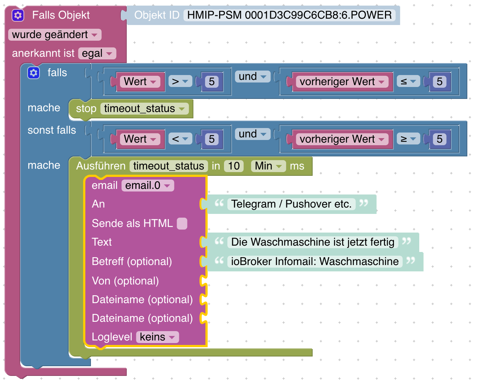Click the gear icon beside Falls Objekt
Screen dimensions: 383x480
pyautogui.click(x=18, y=15)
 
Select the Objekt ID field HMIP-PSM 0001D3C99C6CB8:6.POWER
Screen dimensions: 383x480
pyautogui.click(x=289, y=15)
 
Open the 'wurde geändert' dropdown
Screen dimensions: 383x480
pyautogui.click(x=54, y=35)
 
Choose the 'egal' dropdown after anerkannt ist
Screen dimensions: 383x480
pyautogui.click(x=97, y=53)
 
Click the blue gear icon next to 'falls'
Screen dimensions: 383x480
pyautogui.click(x=34, y=73)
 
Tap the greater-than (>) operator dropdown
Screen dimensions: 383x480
pyautogui.click(x=180, y=81)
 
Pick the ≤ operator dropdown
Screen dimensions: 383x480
pyautogui.click(x=408, y=81)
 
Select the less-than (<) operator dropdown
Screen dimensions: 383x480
pyautogui.click(x=180, y=139)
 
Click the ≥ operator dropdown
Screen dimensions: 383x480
pyautogui.click(x=408, y=139)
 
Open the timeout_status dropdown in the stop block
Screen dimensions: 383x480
pyautogui.click(x=144, y=109)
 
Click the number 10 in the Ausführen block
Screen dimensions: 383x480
pyautogui.click(x=234, y=166)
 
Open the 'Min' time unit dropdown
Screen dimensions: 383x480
pyautogui.click(x=268, y=166)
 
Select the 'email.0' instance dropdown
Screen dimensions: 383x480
pyautogui.click(x=148, y=186)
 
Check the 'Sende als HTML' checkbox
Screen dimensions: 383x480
pyautogui.click(x=182, y=224)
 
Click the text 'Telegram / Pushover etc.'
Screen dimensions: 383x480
pyautogui.click(x=291, y=204)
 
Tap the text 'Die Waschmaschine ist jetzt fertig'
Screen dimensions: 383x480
pyautogui.click(x=313, y=242)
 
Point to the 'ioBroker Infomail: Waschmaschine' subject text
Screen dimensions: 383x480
pyautogui.click(x=315, y=261)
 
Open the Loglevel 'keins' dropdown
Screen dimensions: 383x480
pyautogui.click(x=157, y=337)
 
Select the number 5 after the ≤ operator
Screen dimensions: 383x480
pyautogui.click(x=439, y=81)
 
